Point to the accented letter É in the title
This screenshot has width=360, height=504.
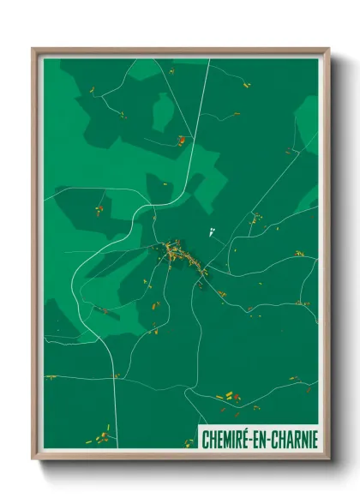click(245, 440)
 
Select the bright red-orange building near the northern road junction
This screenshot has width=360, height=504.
click(181, 138)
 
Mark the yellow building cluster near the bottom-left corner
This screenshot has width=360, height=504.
click(102, 437)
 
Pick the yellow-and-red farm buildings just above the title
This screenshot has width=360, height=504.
click(230, 397)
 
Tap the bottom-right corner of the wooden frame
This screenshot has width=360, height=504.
click(327, 458)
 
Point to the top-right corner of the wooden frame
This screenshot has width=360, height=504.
click(327, 50)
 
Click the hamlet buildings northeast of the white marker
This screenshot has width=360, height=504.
click(255, 219)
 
